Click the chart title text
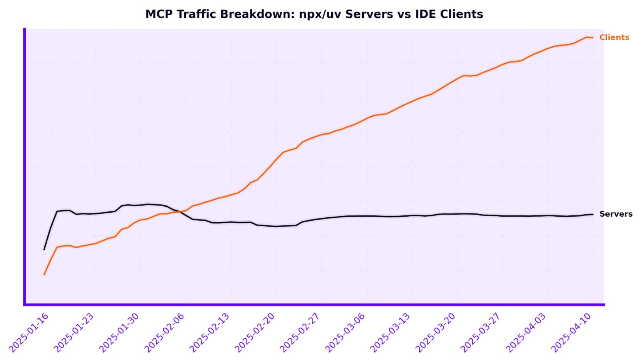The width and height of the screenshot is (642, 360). click(x=314, y=14)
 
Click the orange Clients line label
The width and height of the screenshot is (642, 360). click(x=614, y=37)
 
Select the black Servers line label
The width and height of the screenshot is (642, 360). click(x=616, y=214)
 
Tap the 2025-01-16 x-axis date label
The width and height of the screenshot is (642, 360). click(x=28, y=333)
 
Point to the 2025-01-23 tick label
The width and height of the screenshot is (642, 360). click(x=74, y=333)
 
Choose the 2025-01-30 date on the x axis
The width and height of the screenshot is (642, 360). click(x=119, y=333)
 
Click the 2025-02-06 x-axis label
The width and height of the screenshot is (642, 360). click(x=164, y=333)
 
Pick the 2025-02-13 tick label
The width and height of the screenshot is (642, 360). click(x=209, y=333)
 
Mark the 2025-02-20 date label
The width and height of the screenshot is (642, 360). click(x=254, y=333)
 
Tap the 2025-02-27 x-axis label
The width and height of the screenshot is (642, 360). click(x=300, y=333)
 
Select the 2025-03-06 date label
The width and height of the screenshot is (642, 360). click(x=345, y=333)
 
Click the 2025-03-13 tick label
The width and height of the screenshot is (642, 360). click(x=390, y=333)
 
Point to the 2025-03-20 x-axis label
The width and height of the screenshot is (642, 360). click(x=435, y=333)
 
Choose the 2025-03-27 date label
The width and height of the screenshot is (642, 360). click(x=480, y=333)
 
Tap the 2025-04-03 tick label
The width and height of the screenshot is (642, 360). click(x=526, y=333)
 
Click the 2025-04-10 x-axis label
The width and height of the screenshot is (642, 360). click(x=571, y=333)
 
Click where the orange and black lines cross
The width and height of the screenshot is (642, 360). click(x=180, y=212)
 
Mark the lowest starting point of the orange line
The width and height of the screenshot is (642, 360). click(x=44, y=275)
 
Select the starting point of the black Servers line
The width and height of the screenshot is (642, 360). click(x=44, y=249)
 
